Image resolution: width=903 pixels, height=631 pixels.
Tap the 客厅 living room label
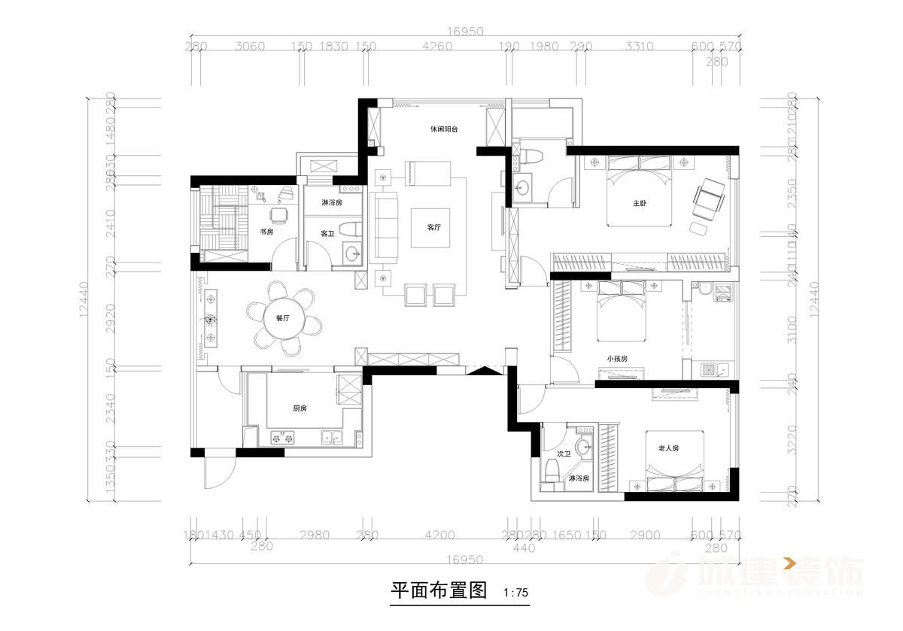coord(433,227)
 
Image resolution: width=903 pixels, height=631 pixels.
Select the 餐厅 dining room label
coord(283,319)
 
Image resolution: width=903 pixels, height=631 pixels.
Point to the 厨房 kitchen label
coord(299,408)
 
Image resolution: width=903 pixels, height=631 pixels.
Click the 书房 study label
coord(266,232)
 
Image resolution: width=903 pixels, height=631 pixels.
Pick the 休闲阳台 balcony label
coord(444,129)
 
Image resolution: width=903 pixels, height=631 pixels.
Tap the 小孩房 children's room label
coord(617,359)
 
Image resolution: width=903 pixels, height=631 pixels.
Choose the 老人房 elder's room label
coord(668,448)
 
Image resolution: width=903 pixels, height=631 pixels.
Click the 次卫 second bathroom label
coord(564,454)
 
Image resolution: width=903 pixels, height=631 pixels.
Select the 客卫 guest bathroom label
coord(327,234)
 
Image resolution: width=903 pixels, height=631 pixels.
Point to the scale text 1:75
coord(515,593)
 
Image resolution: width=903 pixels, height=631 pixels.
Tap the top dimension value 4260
coord(437,47)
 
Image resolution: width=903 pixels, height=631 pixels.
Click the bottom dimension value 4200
coord(439,535)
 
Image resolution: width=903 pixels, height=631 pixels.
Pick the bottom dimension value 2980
coord(315,535)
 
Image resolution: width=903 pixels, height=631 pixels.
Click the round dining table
coord(283,319)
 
